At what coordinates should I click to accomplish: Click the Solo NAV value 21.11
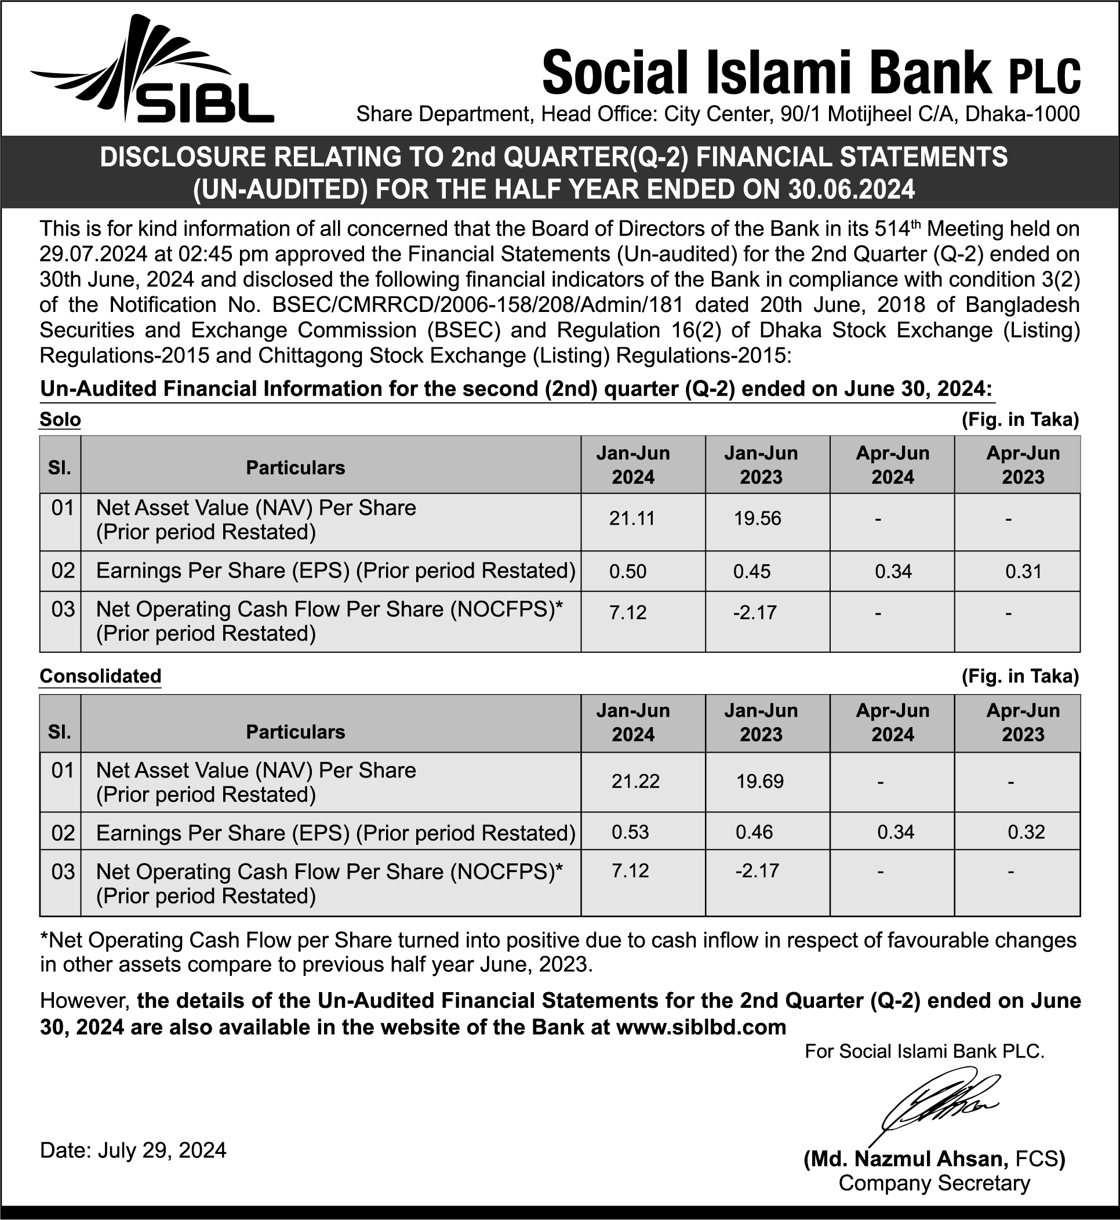pos(632,519)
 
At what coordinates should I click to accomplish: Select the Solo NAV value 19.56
pos(758,519)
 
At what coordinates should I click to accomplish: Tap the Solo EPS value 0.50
pos(628,572)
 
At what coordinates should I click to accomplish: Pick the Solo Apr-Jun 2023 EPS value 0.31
pos(1023,572)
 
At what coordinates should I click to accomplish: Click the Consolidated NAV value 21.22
pos(635,781)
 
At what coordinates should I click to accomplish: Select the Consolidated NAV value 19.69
pos(760,781)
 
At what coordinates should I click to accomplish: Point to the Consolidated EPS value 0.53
pos(630,832)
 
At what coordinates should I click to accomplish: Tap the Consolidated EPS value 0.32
pos(1026,832)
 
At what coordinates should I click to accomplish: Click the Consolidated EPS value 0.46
pos(754,832)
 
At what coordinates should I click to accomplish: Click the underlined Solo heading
pos(60,419)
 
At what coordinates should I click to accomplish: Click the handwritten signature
pos(933,1109)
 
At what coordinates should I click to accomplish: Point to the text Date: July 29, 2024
pos(133,1150)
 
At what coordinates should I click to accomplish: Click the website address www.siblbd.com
pos(701,1027)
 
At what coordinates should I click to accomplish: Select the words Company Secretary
pos(934,1183)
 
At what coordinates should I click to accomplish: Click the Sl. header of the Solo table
pos(59,467)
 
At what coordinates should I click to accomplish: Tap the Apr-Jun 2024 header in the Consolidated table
pos(892,722)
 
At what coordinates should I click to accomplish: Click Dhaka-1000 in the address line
pos(1022,114)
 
